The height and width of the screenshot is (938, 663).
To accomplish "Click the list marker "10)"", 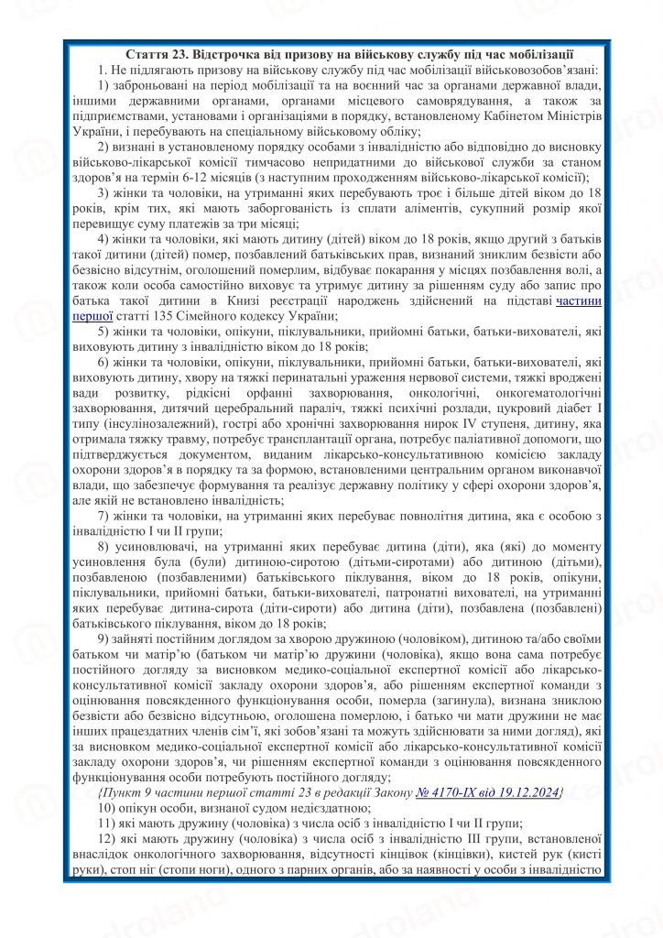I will coord(107,807).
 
